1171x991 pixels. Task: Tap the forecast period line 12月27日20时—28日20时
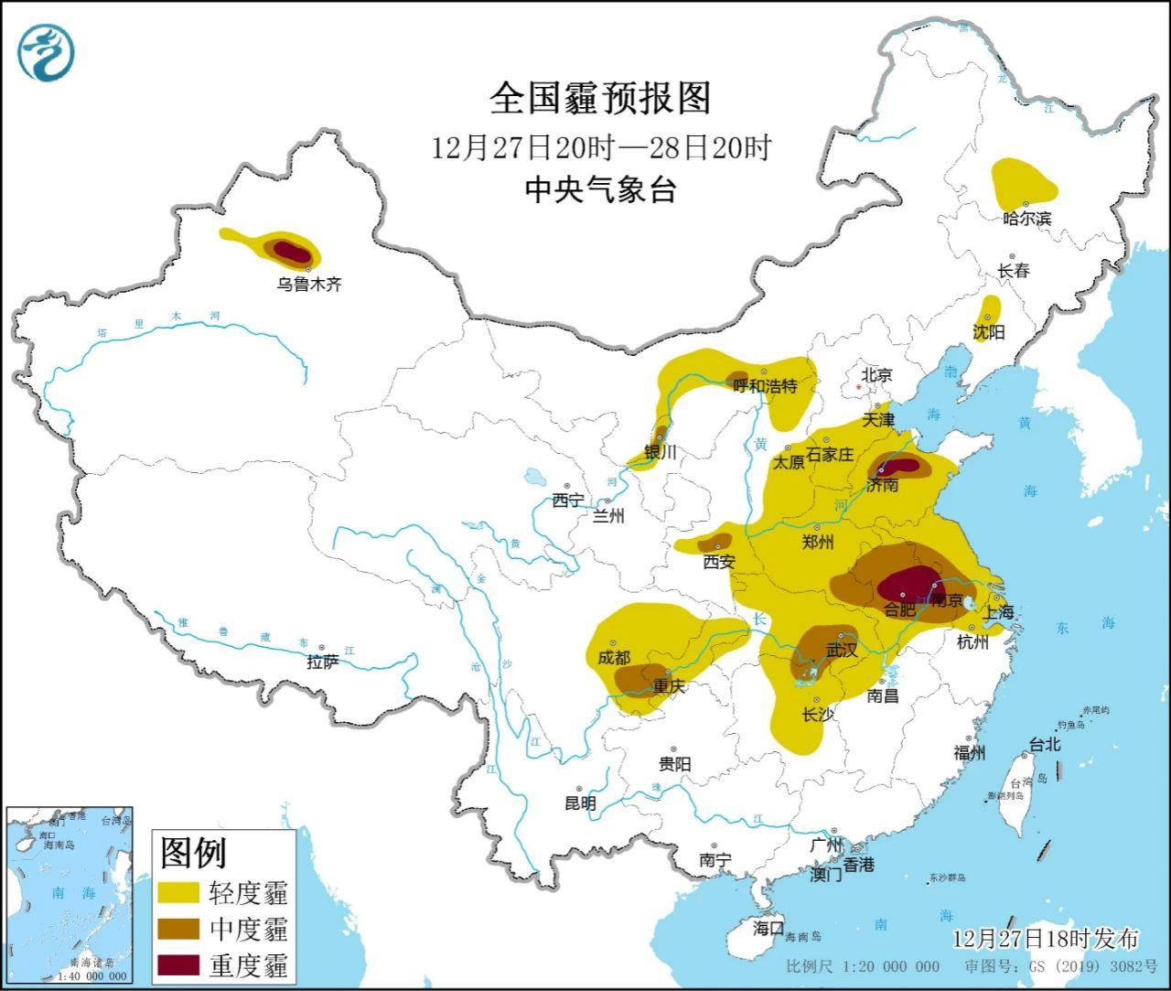602,146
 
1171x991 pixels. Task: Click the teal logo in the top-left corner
47,51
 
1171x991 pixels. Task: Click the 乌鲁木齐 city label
309,285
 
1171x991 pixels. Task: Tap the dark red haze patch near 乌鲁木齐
292,251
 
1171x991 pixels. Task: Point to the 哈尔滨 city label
1026,219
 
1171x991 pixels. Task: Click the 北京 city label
876,374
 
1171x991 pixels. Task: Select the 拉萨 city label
322,662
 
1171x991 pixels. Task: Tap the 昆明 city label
579,803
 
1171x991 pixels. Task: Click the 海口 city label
768,927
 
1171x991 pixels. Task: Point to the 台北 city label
1045,745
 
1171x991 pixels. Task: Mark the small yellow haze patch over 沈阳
989,311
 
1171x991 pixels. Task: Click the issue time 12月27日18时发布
1045,939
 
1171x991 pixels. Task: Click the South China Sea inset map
70,893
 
